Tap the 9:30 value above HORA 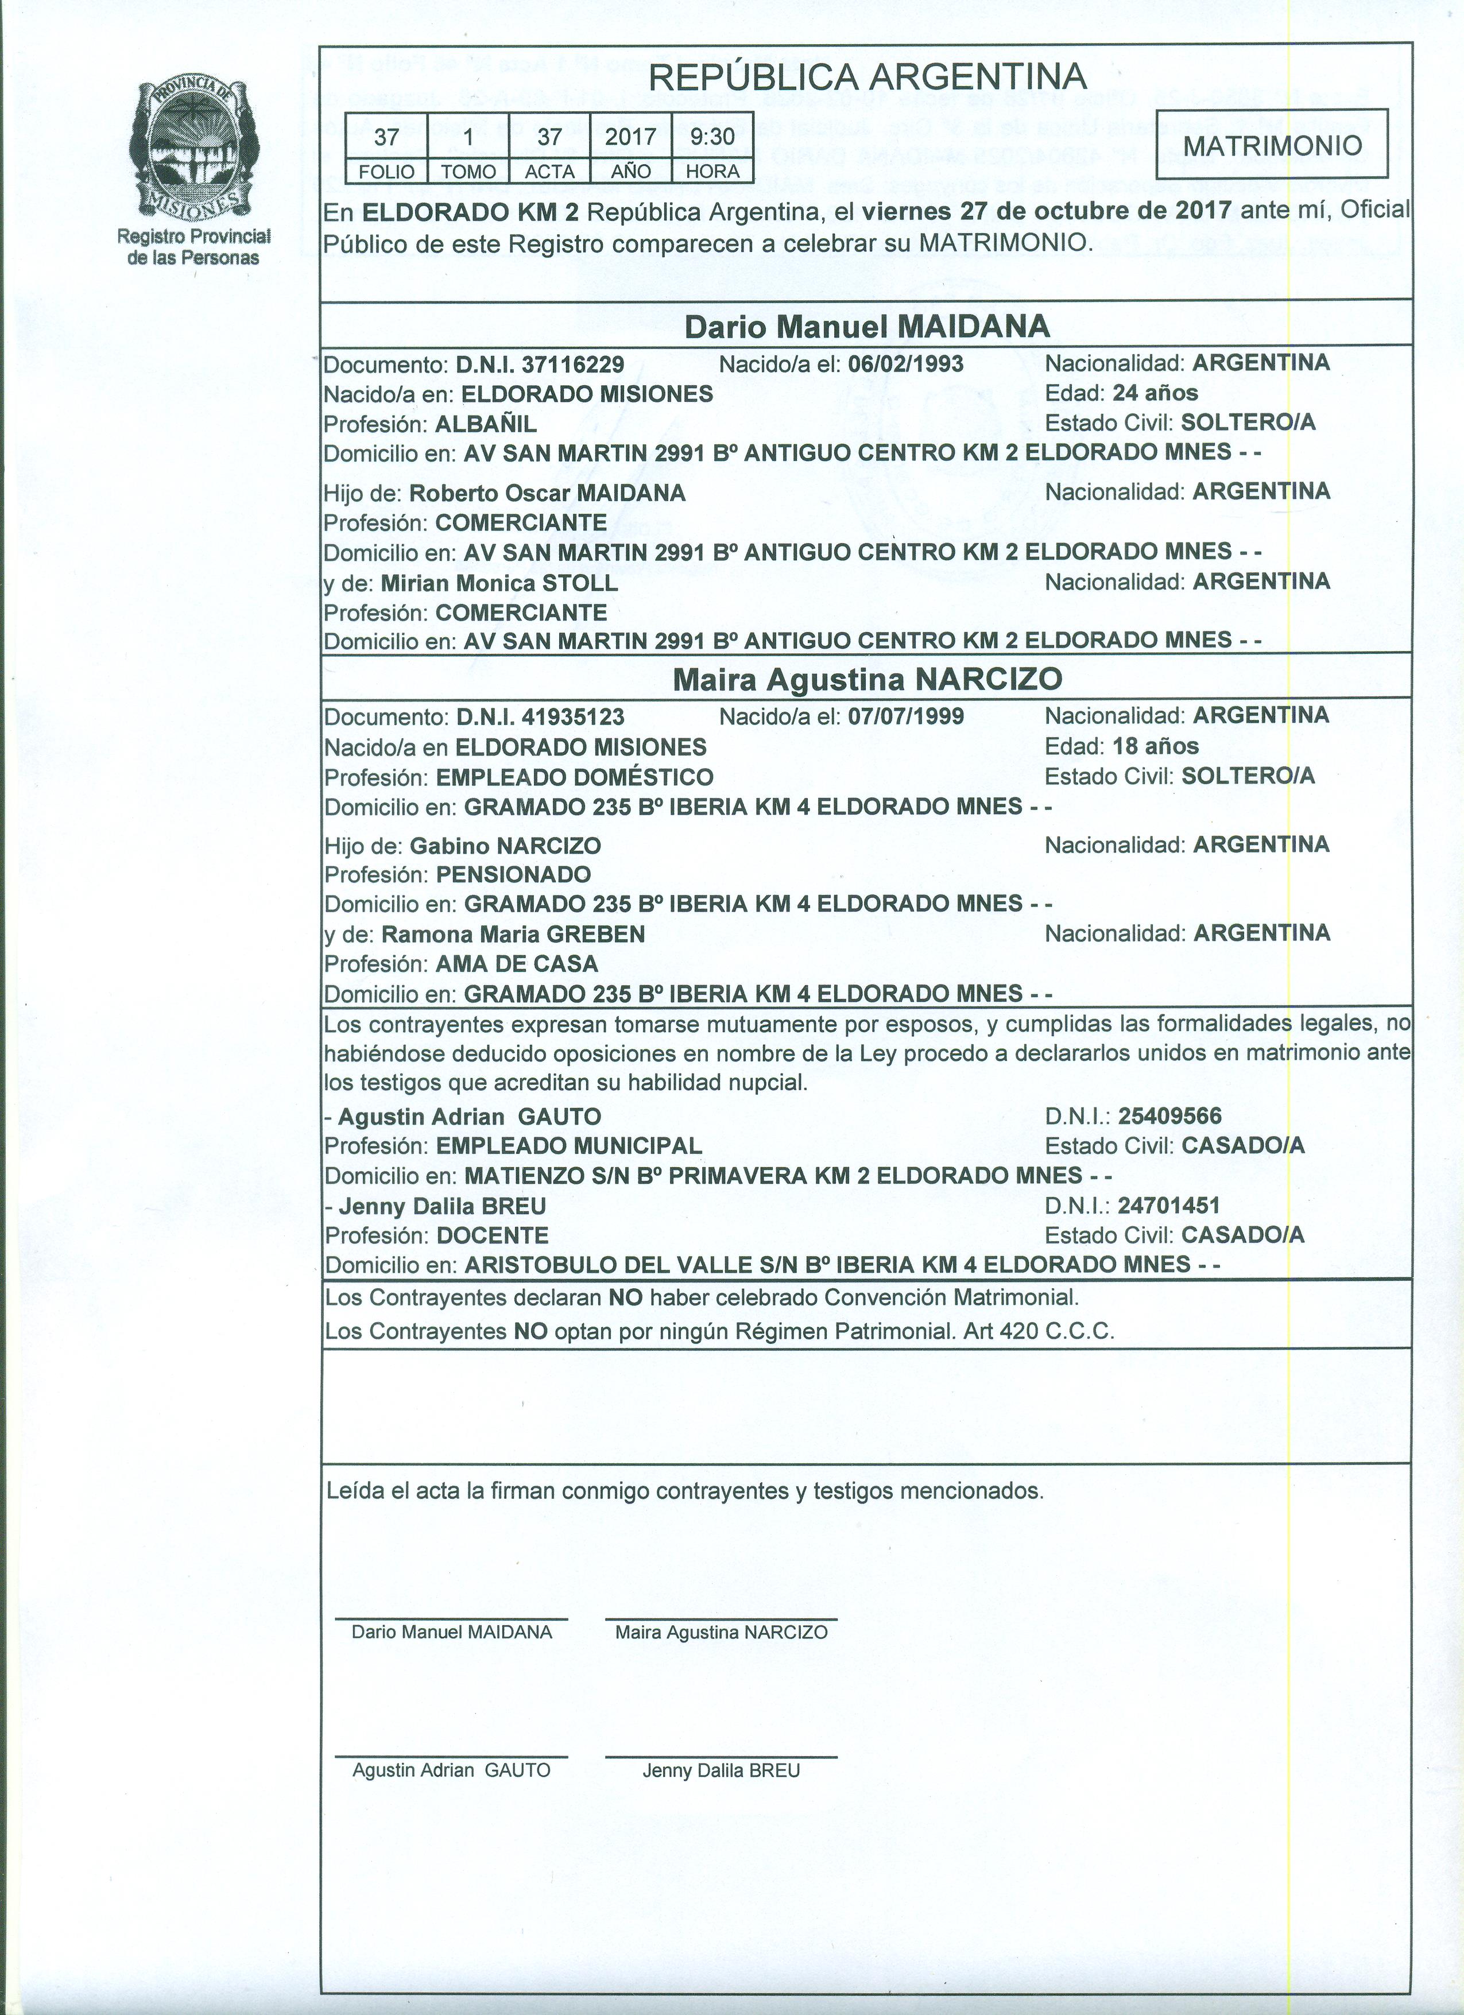(x=712, y=137)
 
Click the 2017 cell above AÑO (x=631, y=137)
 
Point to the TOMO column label (x=467, y=172)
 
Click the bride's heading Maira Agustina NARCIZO (x=866, y=680)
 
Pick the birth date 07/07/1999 (x=906, y=716)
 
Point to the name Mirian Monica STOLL (x=499, y=584)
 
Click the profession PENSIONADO (x=513, y=874)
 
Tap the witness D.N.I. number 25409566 (x=1170, y=1116)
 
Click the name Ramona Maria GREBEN (x=513, y=935)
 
